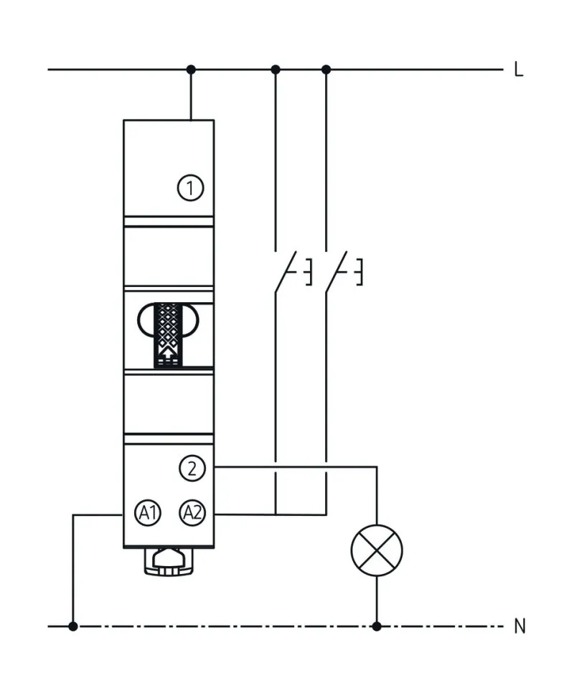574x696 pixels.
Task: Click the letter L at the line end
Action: (519, 70)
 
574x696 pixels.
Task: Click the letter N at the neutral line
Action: (519, 626)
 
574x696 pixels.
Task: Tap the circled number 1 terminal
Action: (191, 189)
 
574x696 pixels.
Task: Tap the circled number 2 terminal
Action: (192, 469)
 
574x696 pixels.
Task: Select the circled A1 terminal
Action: (149, 513)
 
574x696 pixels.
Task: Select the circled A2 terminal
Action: (192, 513)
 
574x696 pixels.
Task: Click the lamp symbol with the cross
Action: (377, 550)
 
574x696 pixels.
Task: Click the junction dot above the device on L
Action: (191, 70)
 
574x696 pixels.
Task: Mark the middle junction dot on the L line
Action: (276, 70)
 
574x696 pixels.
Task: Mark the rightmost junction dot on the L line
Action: (326, 70)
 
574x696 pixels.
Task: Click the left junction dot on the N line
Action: (73, 626)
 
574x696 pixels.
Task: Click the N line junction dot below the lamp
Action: (377, 626)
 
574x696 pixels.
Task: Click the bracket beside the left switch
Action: (309, 271)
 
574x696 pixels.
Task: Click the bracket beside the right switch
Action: (359, 271)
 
